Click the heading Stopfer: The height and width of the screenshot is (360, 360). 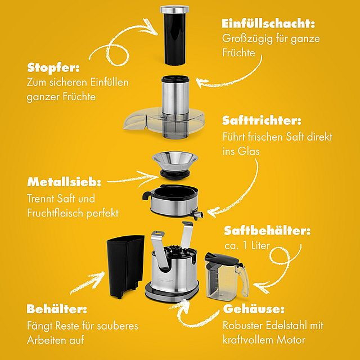point(53,67)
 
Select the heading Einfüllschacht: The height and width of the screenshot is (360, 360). point(268,24)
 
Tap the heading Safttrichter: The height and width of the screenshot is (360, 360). point(262,120)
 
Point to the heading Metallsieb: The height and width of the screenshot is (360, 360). point(64,182)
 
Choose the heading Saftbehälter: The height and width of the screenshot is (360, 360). point(267,231)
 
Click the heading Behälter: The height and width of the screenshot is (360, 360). point(57,309)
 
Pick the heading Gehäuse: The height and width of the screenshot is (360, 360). point(254,309)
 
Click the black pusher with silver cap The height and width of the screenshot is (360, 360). point(174,35)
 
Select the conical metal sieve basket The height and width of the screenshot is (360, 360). point(175,162)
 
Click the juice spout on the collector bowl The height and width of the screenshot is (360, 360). point(197,215)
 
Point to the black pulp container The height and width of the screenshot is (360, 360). point(125,266)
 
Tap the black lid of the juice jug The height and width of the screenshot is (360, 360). point(221,259)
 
